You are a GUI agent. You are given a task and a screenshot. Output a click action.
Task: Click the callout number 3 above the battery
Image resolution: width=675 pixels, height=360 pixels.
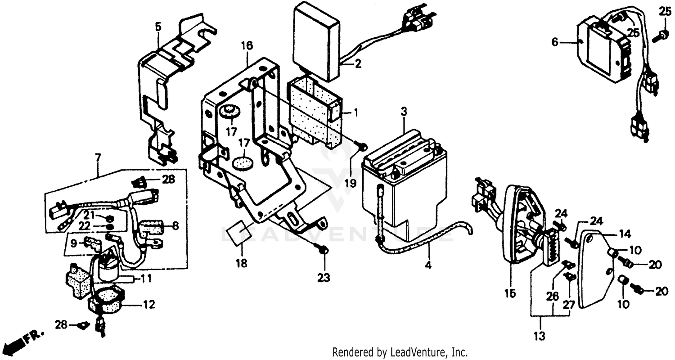404,111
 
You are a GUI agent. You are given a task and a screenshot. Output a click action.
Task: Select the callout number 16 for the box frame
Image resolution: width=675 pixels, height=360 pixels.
247,45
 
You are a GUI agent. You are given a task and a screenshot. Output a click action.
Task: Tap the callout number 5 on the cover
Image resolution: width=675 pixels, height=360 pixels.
158,26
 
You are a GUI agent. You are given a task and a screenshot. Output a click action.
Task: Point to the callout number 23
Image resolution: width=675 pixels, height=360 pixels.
324,278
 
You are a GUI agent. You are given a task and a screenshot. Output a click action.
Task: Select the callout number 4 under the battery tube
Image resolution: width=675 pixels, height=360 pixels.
428,265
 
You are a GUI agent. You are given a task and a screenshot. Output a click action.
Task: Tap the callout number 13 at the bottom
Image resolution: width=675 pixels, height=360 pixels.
539,336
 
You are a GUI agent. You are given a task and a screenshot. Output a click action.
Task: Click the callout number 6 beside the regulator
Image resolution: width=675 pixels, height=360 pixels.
554,42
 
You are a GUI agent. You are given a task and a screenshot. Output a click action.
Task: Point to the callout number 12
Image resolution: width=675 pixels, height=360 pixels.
149,305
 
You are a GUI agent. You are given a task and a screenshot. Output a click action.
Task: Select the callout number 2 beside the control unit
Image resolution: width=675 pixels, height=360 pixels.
358,63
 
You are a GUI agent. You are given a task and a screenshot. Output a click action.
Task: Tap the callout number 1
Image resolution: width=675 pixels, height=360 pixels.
355,112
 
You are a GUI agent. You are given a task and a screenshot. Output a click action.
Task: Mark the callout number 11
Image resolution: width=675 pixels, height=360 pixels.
145,278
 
